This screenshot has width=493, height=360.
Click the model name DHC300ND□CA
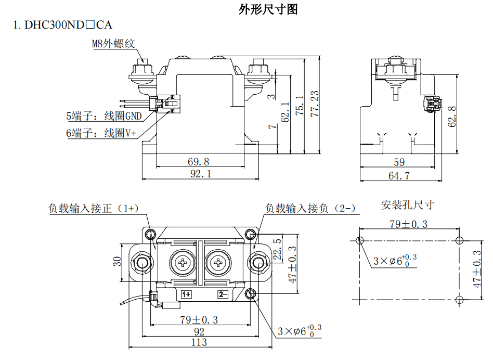tap(68, 24)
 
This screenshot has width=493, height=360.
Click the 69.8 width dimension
tap(200, 161)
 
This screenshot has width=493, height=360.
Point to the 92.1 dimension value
tap(200, 174)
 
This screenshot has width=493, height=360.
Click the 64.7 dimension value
tap(399, 176)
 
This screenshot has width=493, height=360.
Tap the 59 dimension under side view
tap(399, 162)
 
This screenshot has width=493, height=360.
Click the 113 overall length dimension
tap(199, 342)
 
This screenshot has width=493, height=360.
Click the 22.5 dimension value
tap(277, 249)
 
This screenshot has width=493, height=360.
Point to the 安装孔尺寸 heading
tap(407, 204)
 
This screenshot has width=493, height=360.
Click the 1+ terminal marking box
tap(186, 294)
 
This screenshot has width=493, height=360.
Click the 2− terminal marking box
tap(223, 294)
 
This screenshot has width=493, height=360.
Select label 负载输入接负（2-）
tap(310, 209)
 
